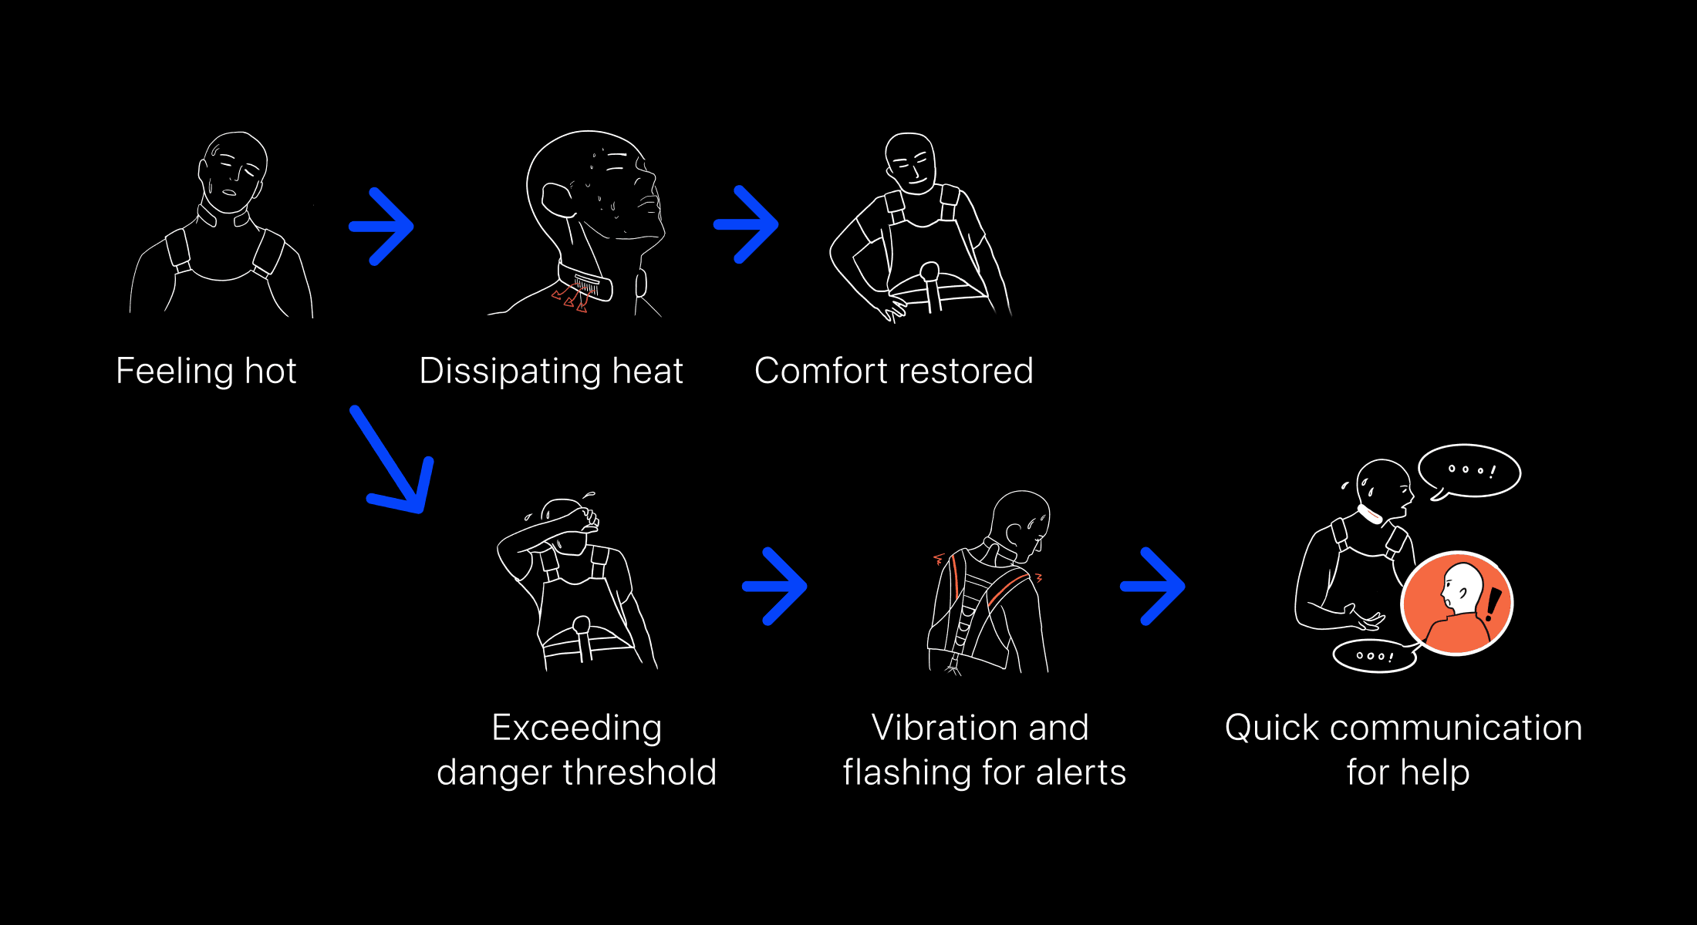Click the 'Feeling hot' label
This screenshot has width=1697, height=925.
pyautogui.click(x=206, y=371)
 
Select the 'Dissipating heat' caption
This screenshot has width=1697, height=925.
pyautogui.click(x=551, y=371)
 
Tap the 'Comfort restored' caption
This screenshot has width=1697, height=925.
pyautogui.click(x=893, y=371)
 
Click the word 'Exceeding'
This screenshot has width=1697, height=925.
pyautogui.click(x=576, y=728)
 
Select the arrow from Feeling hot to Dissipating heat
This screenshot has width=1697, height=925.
pyautogui.click(x=382, y=227)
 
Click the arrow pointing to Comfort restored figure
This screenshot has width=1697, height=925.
pyautogui.click(x=746, y=224)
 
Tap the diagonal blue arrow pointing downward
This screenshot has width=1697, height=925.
pyautogui.click(x=394, y=462)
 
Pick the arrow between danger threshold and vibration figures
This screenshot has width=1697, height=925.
pyautogui.click(x=774, y=587)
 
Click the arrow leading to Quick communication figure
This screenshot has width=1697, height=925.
pyautogui.click(x=1152, y=587)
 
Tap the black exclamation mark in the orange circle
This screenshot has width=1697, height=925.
pyautogui.click(x=1493, y=604)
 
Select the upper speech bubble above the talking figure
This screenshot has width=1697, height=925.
pyautogui.click(x=1469, y=471)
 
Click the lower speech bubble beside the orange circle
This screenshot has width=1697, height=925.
pyautogui.click(x=1375, y=656)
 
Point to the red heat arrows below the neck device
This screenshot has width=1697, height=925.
pyautogui.click(x=570, y=299)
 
